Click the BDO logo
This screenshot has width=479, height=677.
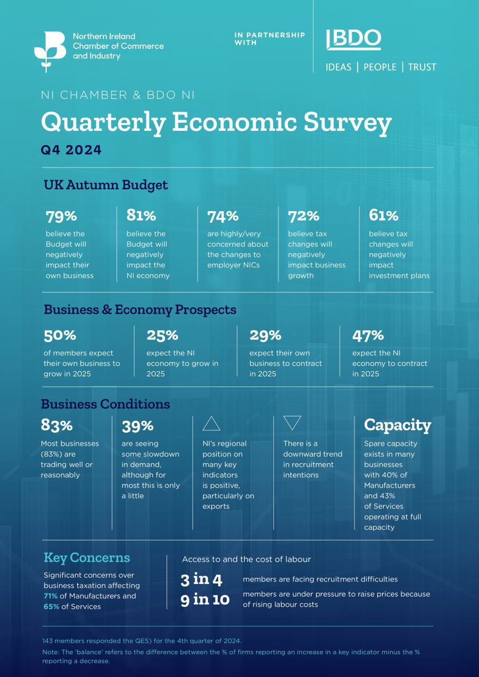click(353, 39)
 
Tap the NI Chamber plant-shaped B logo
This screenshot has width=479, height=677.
click(50, 52)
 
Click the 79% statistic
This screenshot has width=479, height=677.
click(61, 216)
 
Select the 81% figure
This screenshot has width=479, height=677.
click(141, 215)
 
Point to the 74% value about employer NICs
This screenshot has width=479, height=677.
click(223, 216)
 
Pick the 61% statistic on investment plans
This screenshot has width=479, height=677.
click(383, 215)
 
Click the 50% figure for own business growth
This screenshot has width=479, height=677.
click(60, 336)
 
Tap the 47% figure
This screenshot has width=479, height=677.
click(368, 336)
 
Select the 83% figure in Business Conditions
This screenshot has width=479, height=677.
click(57, 425)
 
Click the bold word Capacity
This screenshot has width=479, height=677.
click(398, 425)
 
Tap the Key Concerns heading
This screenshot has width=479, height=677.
click(87, 558)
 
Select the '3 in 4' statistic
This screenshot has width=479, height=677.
click(201, 580)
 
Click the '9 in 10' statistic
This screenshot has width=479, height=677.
click(205, 599)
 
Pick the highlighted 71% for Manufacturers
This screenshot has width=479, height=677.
click(51, 596)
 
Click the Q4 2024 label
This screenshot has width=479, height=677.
click(71, 150)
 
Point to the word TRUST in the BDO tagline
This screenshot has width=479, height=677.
click(422, 67)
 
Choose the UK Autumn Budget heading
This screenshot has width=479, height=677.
click(106, 185)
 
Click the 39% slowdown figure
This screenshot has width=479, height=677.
click(138, 426)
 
